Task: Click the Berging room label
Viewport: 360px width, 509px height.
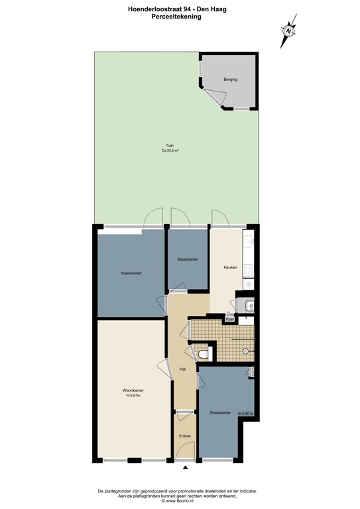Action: pyautogui.click(x=230, y=80)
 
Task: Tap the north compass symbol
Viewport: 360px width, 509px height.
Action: pyautogui.click(x=289, y=30)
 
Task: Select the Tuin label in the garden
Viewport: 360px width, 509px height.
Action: pyautogui.click(x=170, y=146)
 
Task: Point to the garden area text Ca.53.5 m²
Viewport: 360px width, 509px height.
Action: pyautogui.click(x=170, y=151)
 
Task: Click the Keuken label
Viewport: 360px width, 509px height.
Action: pyautogui.click(x=230, y=267)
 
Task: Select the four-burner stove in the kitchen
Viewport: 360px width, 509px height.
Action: pyautogui.click(x=247, y=270)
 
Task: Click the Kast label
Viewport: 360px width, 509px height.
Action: pyautogui.click(x=230, y=319)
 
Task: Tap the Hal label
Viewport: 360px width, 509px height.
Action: pyautogui.click(x=182, y=369)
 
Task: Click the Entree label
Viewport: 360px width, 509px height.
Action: pyautogui.click(x=184, y=435)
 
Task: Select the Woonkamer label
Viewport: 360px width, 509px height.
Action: pyautogui.click(x=133, y=390)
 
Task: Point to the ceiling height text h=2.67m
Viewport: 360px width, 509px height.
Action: pyautogui.click(x=133, y=396)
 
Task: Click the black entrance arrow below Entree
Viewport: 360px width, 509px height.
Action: pyautogui.click(x=185, y=469)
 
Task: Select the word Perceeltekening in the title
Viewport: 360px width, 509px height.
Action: pyautogui.click(x=176, y=17)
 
